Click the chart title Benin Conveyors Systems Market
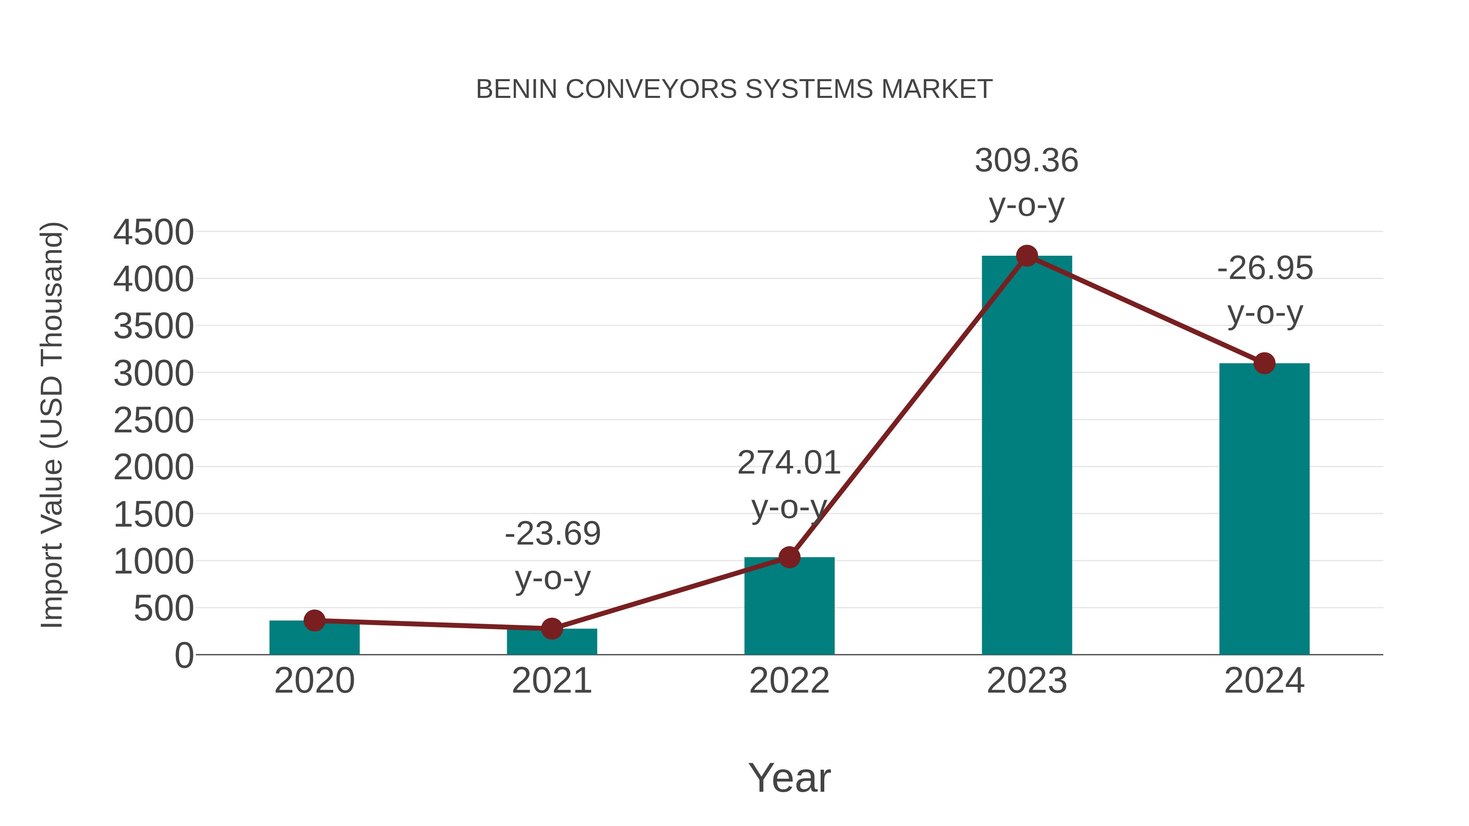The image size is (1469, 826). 734,89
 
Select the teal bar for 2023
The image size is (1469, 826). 1027,456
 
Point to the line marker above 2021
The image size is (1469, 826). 551,629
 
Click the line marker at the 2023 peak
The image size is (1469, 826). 1027,256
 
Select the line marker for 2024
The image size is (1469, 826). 1264,363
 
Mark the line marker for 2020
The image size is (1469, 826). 314,620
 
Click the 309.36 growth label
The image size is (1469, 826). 1027,161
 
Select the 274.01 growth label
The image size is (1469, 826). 789,463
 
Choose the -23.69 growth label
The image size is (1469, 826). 553,534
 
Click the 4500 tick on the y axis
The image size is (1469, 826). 153,233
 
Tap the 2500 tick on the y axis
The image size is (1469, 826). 153,421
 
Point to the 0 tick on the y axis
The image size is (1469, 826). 184,655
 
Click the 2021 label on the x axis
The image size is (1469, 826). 551,681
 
